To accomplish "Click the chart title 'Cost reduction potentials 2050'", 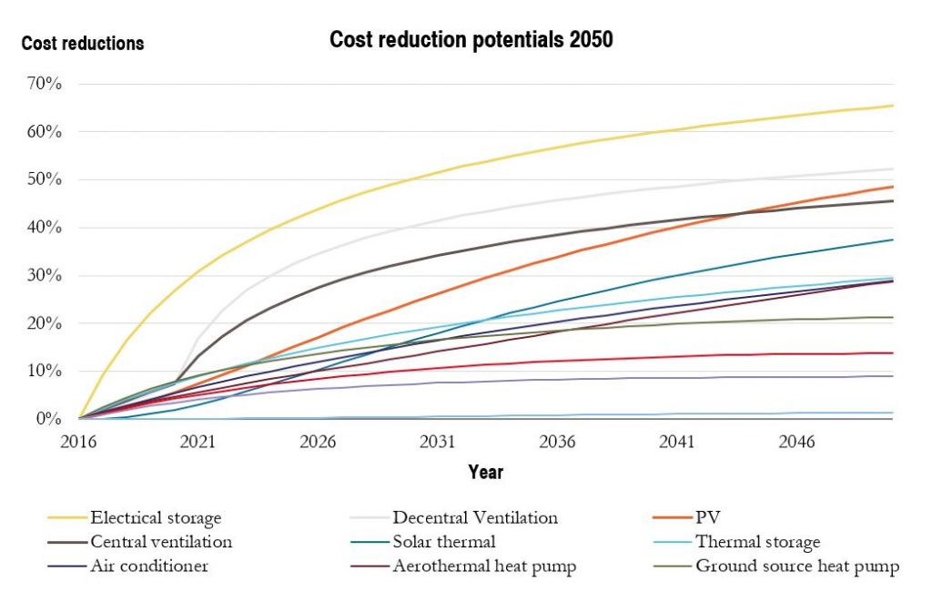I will (471, 40).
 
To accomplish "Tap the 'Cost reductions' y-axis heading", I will (83, 43).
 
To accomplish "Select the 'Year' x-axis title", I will (485, 472).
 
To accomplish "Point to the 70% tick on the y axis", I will (45, 84).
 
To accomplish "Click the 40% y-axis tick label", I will (45, 228).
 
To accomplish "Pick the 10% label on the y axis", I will (45, 371).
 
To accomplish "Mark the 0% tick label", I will (48, 419).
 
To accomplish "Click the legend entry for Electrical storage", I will (156, 518).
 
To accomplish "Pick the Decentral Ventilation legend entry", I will (474, 517).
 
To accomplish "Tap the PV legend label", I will (707, 517).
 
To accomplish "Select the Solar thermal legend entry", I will (444, 542).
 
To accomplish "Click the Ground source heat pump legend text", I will (797, 566).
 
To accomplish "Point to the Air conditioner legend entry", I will (149, 566).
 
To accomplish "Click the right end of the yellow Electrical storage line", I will (893, 106).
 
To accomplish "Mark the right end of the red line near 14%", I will (893, 352).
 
